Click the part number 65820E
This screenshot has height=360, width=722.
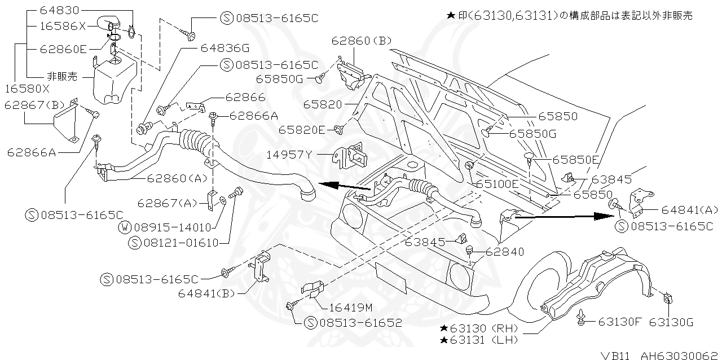tap(302, 130)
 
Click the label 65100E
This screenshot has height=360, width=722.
tap(497, 184)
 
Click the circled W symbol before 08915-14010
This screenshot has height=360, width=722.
tap(125, 228)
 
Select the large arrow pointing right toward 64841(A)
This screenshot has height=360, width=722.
tap(563, 216)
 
